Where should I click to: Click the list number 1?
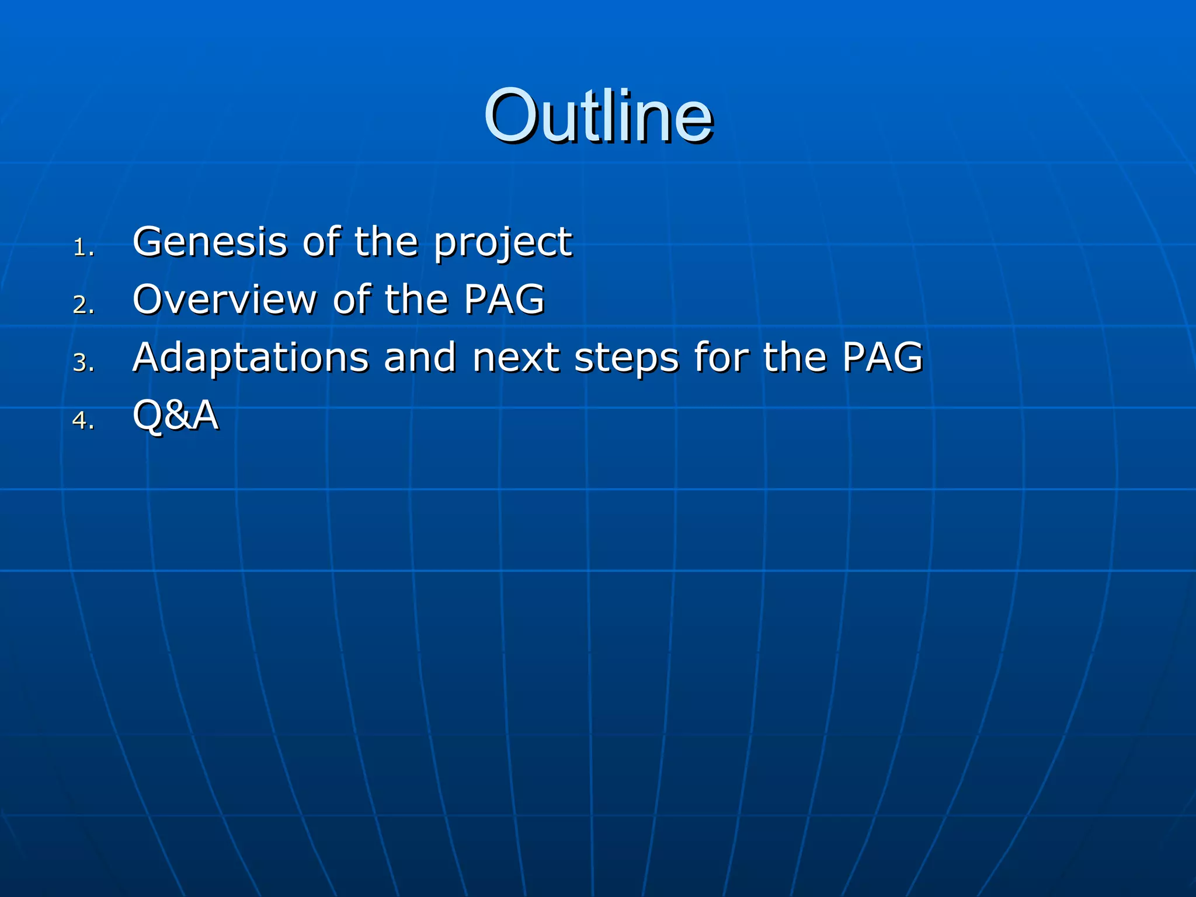(82, 248)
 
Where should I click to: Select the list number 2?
(82, 305)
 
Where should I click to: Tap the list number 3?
(82, 363)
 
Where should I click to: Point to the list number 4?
(82, 420)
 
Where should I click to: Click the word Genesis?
(210, 242)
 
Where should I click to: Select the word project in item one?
(503, 244)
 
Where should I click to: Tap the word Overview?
(225, 300)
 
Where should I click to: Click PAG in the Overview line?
(504, 300)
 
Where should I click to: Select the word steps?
(627, 359)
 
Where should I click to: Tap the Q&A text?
(175, 416)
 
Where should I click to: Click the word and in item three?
(419, 357)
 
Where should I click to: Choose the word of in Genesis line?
(321, 242)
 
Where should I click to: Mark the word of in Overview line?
(352, 300)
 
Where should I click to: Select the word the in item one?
(387, 242)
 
